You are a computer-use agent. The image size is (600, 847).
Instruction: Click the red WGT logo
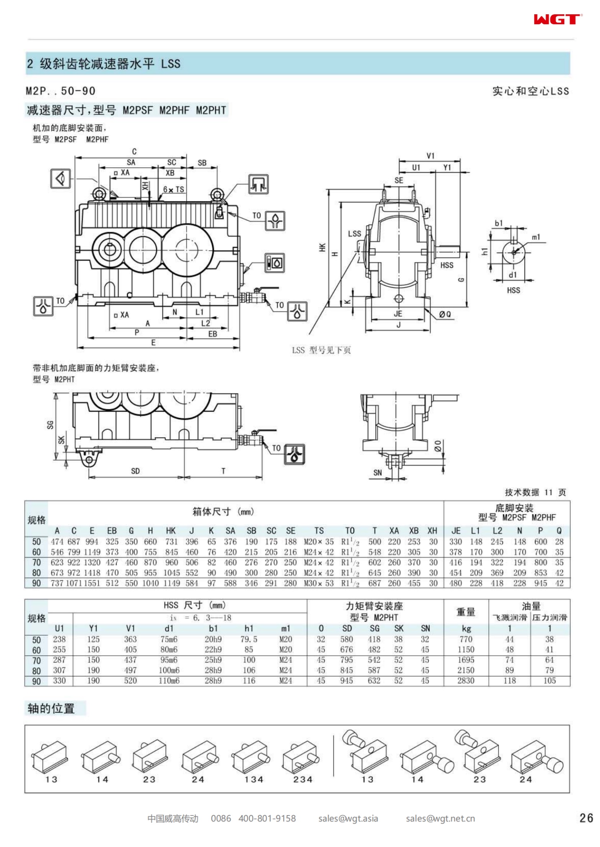point(557,19)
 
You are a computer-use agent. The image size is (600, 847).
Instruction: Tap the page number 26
point(586,818)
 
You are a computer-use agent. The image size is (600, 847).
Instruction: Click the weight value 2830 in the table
point(465,681)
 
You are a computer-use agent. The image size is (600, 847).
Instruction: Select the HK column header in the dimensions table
point(170,531)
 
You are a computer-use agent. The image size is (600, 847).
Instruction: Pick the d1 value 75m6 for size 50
point(169,639)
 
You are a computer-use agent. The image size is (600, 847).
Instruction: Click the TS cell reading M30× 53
point(318,583)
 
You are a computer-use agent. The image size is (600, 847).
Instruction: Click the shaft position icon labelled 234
point(303,761)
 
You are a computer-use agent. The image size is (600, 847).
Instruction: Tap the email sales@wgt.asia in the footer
point(348,818)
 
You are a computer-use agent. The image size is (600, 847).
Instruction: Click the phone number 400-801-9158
point(267,818)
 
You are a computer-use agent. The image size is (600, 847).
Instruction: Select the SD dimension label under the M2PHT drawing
point(135,471)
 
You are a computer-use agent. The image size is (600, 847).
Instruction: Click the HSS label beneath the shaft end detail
point(513,290)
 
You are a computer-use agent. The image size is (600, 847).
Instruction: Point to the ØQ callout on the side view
point(445,314)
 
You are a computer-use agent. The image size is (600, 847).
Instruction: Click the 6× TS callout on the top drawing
point(174,190)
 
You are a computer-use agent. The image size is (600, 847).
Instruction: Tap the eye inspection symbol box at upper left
point(61,179)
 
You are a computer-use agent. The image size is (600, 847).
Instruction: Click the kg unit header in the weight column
point(466,628)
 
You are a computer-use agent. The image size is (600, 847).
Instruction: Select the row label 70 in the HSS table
point(36,661)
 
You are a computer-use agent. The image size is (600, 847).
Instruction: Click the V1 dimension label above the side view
point(430,156)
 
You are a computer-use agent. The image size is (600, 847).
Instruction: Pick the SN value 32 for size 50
point(425,639)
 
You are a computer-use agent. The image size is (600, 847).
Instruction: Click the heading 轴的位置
point(51,709)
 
